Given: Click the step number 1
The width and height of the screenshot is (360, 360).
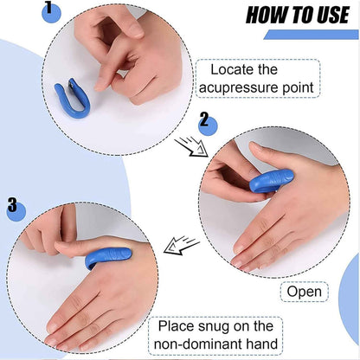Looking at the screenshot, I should [x=48, y=10].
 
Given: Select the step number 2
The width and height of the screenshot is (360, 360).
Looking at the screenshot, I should [x=204, y=120].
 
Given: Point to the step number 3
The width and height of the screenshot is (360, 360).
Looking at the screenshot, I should [x=12, y=205].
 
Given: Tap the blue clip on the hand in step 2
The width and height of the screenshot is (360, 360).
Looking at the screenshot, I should [x=271, y=180].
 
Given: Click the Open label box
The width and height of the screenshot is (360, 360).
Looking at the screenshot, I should [x=305, y=291].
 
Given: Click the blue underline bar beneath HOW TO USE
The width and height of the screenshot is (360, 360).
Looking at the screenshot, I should [x=311, y=35].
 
